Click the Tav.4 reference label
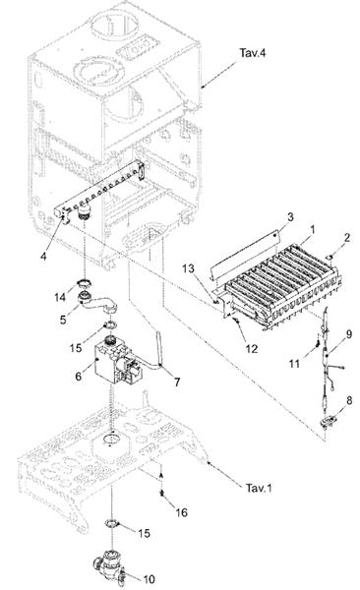click(x=253, y=53)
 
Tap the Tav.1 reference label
click(x=259, y=489)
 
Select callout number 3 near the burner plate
click(x=290, y=216)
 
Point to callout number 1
click(x=312, y=229)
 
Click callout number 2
click(x=347, y=237)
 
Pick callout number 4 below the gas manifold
click(x=43, y=257)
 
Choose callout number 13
click(x=188, y=268)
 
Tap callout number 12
click(x=251, y=349)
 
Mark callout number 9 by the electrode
click(x=349, y=333)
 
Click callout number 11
click(x=294, y=364)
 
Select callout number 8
click(x=349, y=400)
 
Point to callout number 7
click(x=177, y=383)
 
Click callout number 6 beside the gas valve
click(x=78, y=376)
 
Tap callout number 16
click(x=182, y=512)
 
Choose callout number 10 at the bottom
click(x=150, y=579)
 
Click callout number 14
click(x=60, y=297)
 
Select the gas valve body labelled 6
click(x=118, y=362)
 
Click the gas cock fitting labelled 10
click(x=109, y=566)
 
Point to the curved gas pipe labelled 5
click(x=98, y=303)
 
